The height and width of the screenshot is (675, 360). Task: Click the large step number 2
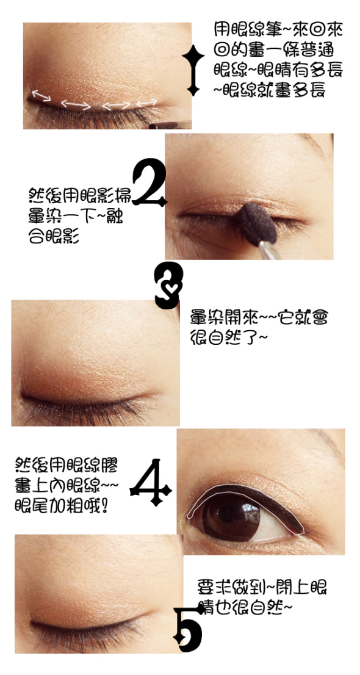(149, 182)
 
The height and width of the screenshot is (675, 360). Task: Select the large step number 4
(151, 483)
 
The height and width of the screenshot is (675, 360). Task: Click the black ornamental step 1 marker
(193, 70)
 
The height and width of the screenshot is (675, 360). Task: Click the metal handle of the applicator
(268, 251)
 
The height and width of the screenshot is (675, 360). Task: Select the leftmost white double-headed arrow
(41, 95)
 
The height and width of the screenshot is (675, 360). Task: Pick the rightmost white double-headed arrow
(147, 103)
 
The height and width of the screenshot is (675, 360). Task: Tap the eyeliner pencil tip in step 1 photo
(164, 126)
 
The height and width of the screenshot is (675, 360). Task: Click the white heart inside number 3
(171, 286)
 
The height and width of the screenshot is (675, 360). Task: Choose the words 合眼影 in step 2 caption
(54, 236)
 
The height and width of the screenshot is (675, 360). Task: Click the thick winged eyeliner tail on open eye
(289, 512)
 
